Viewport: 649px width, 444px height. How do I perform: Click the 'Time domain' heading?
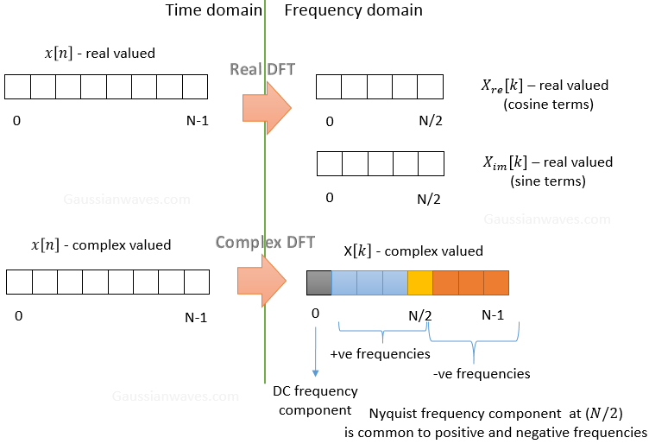213,10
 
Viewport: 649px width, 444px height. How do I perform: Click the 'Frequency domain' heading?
353,10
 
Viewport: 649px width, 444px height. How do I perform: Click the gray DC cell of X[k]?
319,283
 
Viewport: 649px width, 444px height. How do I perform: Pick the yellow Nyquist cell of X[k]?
419,283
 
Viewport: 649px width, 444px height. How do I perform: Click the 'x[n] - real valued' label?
99,54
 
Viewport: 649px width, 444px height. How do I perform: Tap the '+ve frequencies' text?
381,353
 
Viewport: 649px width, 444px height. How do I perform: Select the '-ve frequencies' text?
482,373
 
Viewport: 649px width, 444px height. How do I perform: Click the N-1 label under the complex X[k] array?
492,315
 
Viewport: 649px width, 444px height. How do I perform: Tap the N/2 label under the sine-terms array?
428,198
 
